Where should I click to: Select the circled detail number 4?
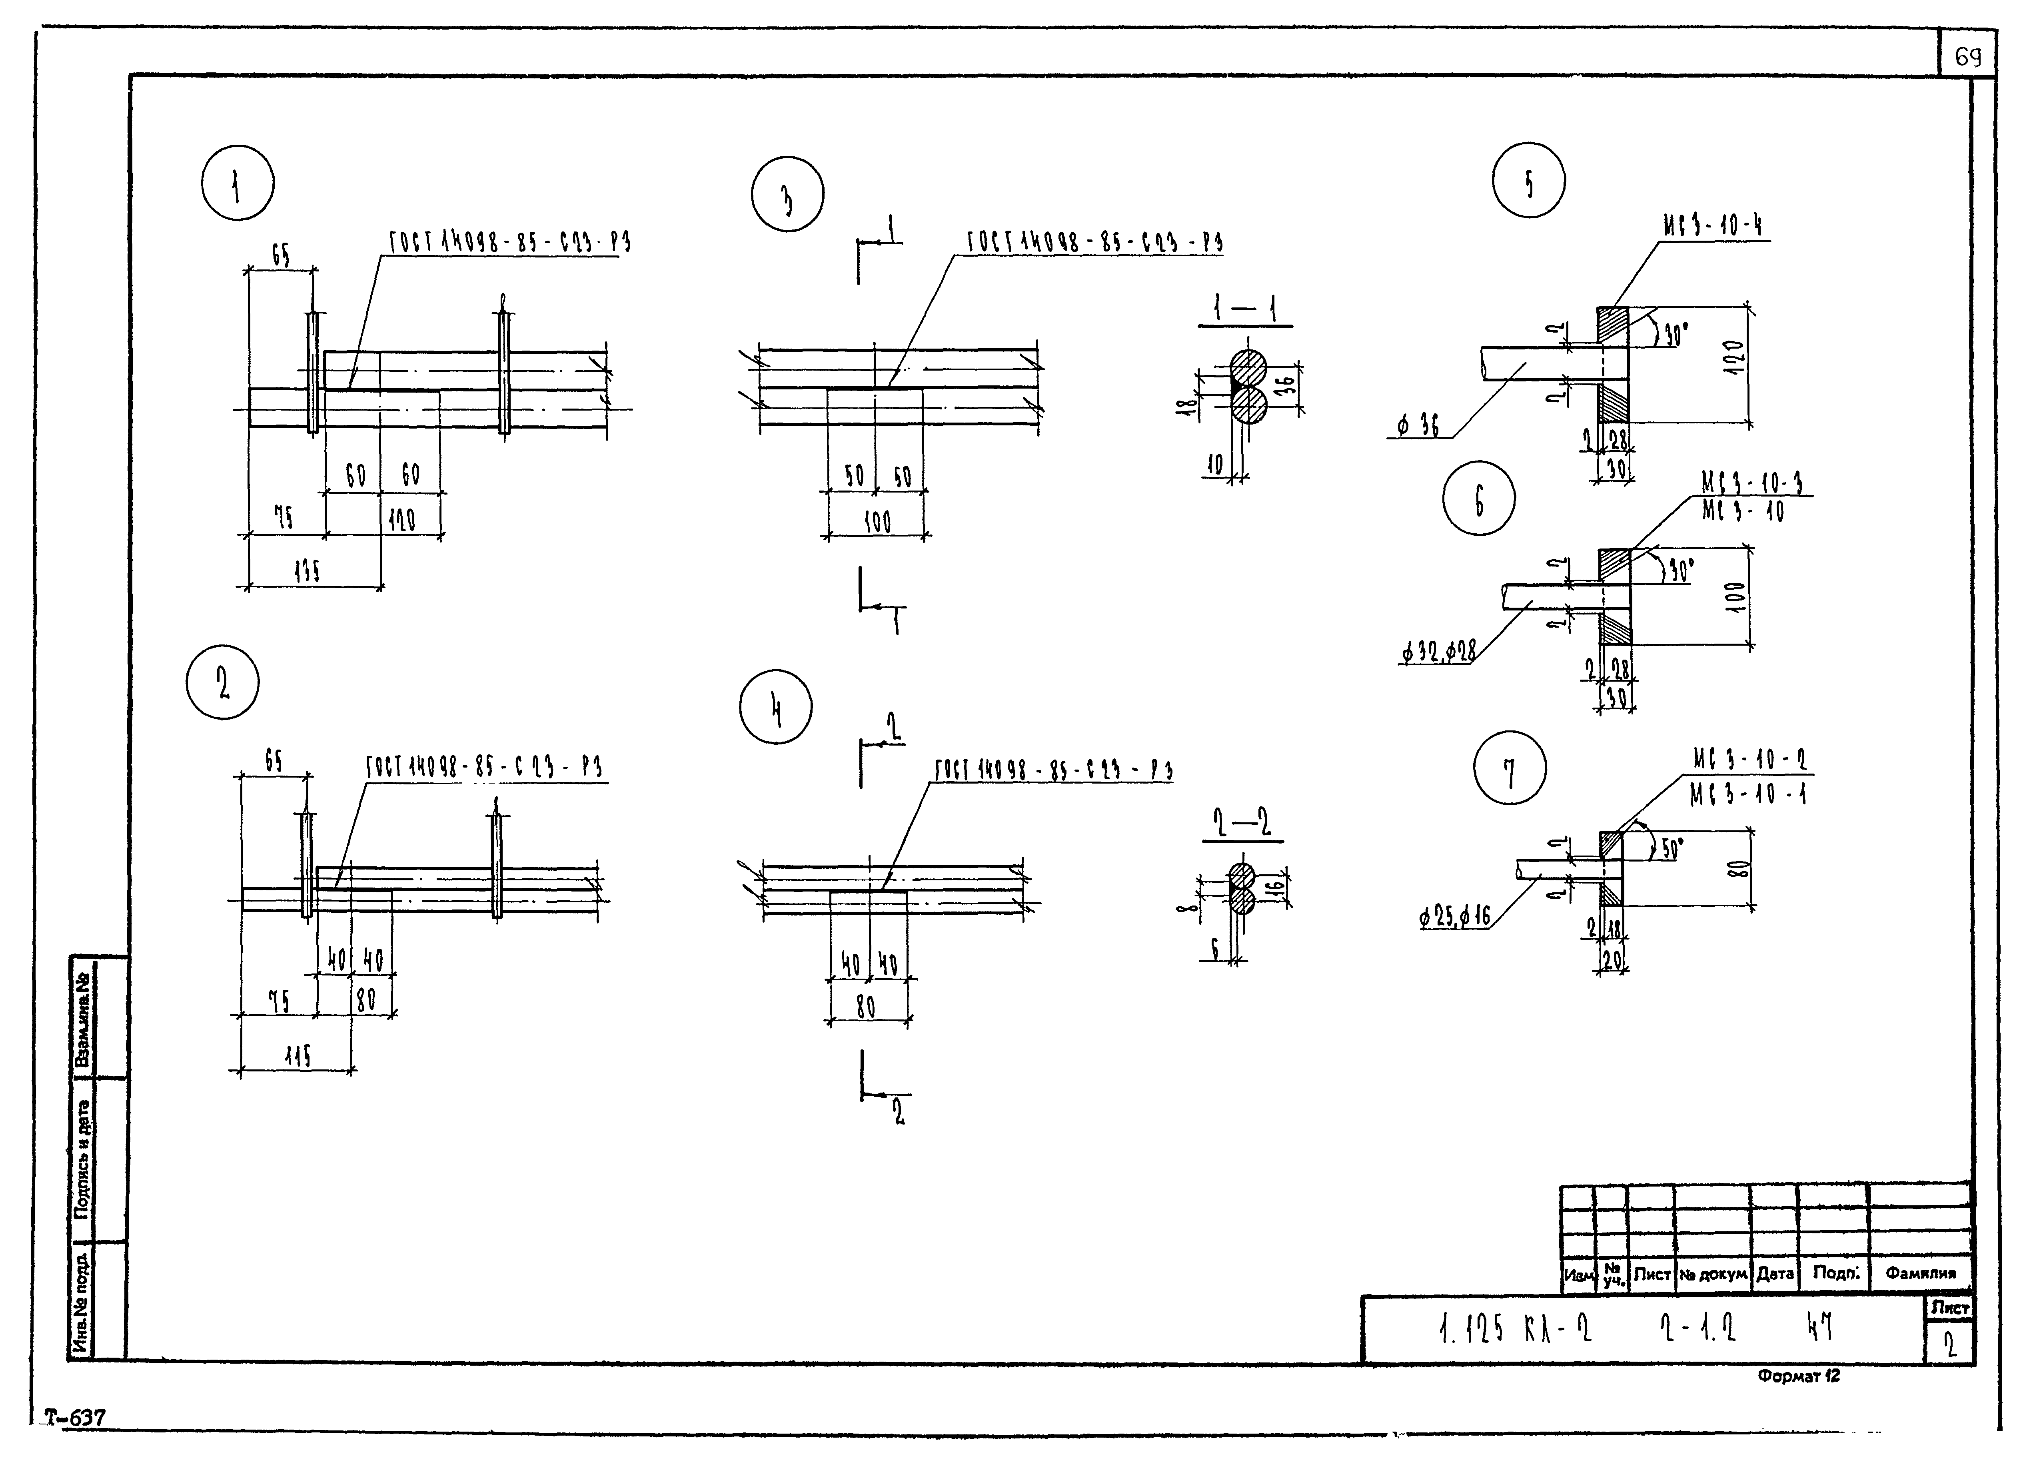[x=777, y=706]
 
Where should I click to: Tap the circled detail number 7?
[x=1510, y=768]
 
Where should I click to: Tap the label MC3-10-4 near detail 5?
[x=1712, y=225]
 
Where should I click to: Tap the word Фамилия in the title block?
[x=1921, y=1273]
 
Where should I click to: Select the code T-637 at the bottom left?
[x=76, y=1418]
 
